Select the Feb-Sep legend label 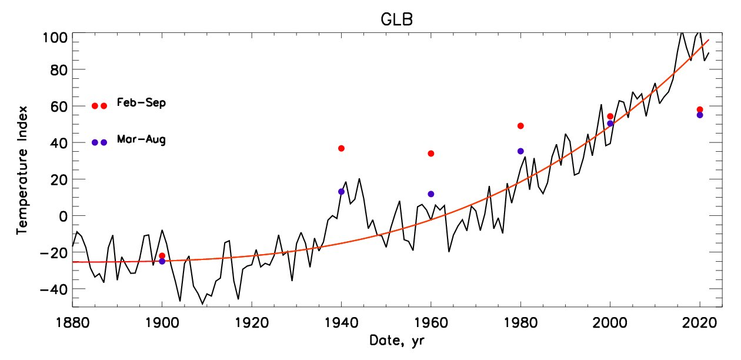141,103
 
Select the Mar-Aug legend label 141,140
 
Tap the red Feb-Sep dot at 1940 341,148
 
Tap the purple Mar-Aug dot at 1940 341,191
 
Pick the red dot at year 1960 431,154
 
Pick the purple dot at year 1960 431,194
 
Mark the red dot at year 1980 520,126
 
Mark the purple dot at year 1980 520,151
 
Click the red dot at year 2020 700,109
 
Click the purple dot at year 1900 162,261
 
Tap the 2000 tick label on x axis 610,324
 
